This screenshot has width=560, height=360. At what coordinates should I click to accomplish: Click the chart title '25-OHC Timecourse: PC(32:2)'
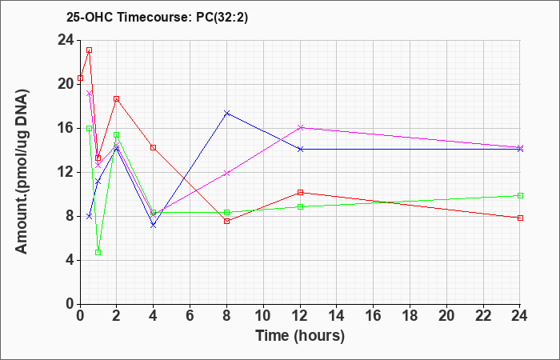coord(157,18)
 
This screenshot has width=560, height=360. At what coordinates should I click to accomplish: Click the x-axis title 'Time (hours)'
coord(300,336)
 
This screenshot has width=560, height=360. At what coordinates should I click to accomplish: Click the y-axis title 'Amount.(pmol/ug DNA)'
coord(22,171)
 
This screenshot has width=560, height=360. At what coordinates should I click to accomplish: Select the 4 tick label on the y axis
coord(70,260)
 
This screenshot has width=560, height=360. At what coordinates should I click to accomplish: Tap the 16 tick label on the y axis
coord(66,129)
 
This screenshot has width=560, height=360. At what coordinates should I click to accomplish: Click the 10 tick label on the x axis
coord(263,316)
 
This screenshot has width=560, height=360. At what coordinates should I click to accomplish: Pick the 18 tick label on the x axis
coord(410,316)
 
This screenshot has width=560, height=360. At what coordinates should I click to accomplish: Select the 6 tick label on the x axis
coord(190,316)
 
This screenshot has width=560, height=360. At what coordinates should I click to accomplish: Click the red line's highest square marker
coord(90,50)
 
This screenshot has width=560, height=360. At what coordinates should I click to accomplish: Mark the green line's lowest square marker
coord(98,253)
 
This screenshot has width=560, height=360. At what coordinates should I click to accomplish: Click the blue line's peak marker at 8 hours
coord(226,114)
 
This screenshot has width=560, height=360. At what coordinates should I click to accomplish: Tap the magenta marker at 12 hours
coord(300,127)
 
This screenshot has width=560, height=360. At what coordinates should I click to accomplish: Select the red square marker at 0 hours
coord(80,78)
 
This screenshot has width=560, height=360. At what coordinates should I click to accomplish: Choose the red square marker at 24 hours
coord(520,218)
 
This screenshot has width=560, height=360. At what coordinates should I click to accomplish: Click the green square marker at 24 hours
coord(520,195)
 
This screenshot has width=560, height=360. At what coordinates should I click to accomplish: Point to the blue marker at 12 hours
coord(300,149)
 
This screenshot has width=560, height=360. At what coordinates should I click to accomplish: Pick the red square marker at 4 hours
coord(154,147)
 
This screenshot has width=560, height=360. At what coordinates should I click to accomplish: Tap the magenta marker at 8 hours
coord(226,174)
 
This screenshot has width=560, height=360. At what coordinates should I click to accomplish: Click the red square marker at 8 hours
coord(226,221)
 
